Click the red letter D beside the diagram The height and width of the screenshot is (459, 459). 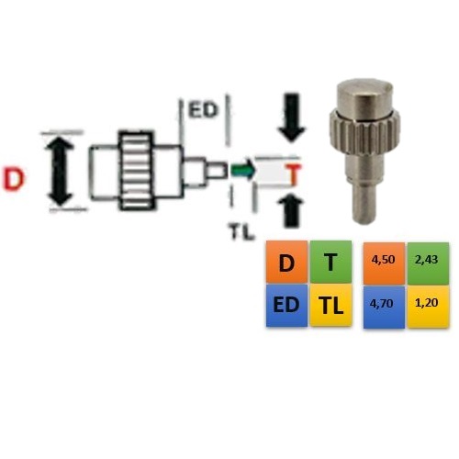tap(14, 180)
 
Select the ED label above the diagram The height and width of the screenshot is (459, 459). tap(203, 110)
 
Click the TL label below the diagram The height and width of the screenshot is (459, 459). tap(241, 231)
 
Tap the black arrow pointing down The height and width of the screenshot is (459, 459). tap(292, 118)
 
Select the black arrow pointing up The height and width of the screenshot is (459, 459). tap(291, 211)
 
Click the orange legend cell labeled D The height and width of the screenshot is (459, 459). tap(286, 263)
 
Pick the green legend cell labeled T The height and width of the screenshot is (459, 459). tap(330, 262)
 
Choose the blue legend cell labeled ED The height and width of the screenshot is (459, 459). tap(286, 306)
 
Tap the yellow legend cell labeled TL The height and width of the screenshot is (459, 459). tap(330, 306)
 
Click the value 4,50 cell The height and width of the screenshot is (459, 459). tap(384, 263)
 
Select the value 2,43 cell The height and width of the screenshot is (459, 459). tap(428, 263)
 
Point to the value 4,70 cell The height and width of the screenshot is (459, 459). tap(384, 308)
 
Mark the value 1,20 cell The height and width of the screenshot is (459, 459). tap(428, 308)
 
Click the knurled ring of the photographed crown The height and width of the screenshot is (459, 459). tap(365, 135)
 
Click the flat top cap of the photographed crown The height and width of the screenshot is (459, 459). tap(364, 96)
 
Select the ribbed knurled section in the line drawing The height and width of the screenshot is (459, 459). tap(136, 171)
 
